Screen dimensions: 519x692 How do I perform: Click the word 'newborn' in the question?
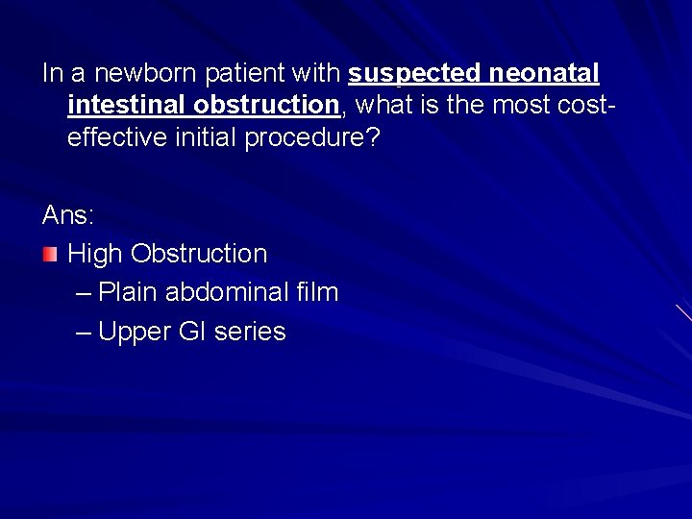(x=138, y=74)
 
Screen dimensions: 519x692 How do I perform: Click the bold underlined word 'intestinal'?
(x=126, y=106)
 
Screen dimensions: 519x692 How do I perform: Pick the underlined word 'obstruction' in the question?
(x=266, y=106)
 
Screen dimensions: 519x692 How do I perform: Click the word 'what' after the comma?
(x=383, y=106)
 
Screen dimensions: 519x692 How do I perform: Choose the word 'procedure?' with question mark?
(x=312, y=138)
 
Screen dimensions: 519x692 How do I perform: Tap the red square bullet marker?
(x=50, y=255)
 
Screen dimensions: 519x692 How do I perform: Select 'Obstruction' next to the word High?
(x=199, y=254)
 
